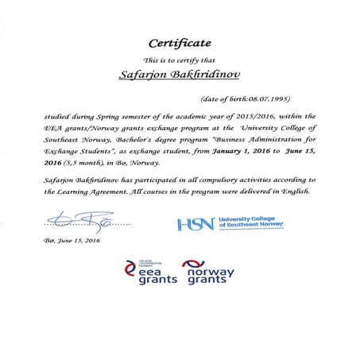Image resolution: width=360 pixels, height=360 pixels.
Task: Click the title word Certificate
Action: (x=179, y=41)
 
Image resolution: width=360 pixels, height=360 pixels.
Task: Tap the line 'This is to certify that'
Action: (x=179, y=60)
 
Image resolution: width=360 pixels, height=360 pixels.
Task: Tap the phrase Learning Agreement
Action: (x=96, y=192)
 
